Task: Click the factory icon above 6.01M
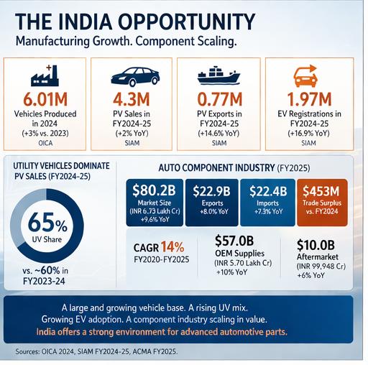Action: (44, 74)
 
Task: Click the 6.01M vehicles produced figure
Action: (44, 101)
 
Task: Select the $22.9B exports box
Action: (213, 200)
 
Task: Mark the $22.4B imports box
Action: (270, 200)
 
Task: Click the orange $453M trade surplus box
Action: (326, 200)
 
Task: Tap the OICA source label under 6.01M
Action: (44, 142)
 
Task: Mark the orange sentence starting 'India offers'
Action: (183, 331)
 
